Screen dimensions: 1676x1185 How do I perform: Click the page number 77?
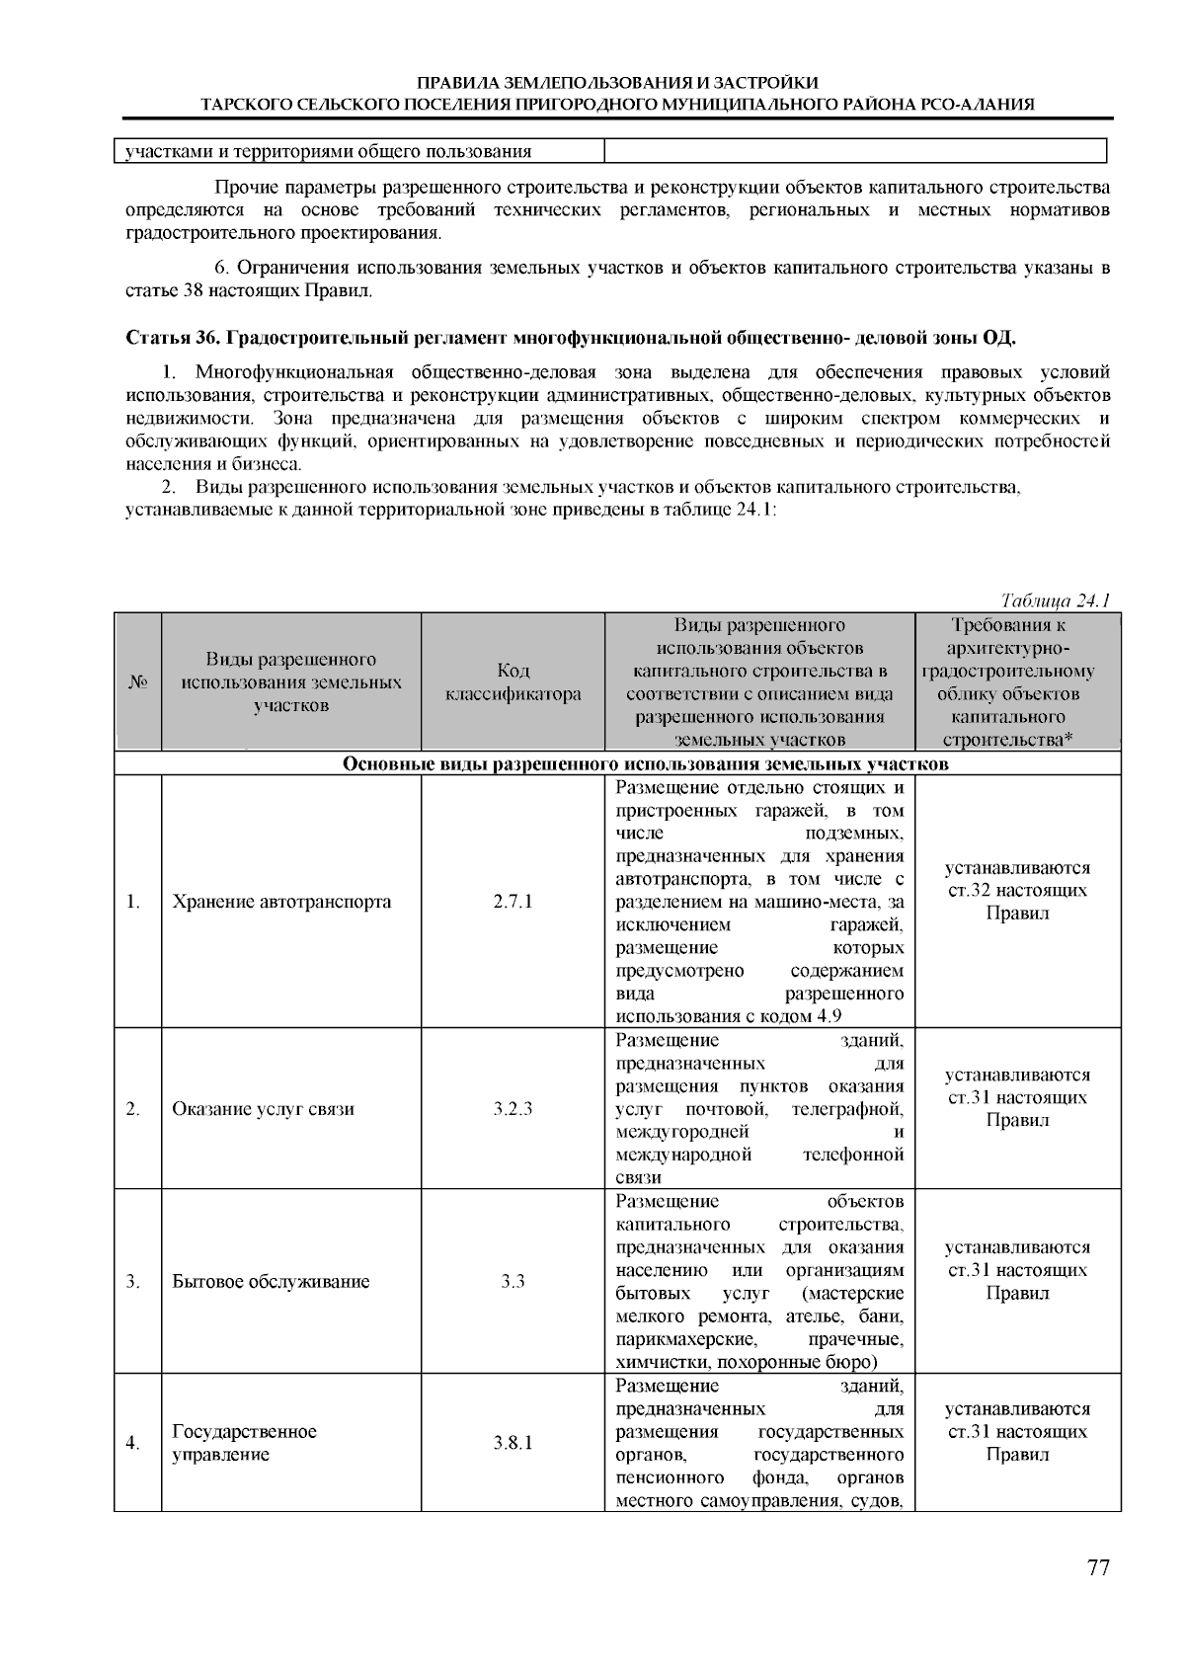click(1098, 1567)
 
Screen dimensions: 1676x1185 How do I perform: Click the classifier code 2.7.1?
click(513, 902)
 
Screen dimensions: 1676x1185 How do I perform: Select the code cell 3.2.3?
click(513, 1109)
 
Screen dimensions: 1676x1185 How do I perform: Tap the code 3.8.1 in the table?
click(513, 1443)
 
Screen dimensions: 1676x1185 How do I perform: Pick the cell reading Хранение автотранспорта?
click(281, 902)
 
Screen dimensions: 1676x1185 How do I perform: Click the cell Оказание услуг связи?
click(263, 1109)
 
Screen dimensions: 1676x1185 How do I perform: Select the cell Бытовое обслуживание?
click(271, 1282)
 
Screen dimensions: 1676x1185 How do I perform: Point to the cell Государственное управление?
click(244, 1443)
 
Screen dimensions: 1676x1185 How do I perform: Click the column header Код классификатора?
click(513, 682)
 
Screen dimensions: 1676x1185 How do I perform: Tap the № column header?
click(137, 682)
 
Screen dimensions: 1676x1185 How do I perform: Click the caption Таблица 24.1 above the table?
click(1056, 600)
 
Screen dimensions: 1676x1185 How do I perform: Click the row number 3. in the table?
click(133, 1282)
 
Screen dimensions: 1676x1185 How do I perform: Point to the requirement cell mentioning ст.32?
click(1017, 890)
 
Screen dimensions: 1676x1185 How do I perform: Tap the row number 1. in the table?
click(133, 902)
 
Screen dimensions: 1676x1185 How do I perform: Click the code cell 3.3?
click(513, 1282)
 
